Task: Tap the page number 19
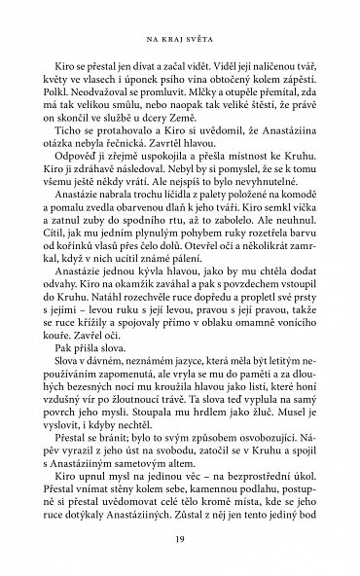tap(179, 541)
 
